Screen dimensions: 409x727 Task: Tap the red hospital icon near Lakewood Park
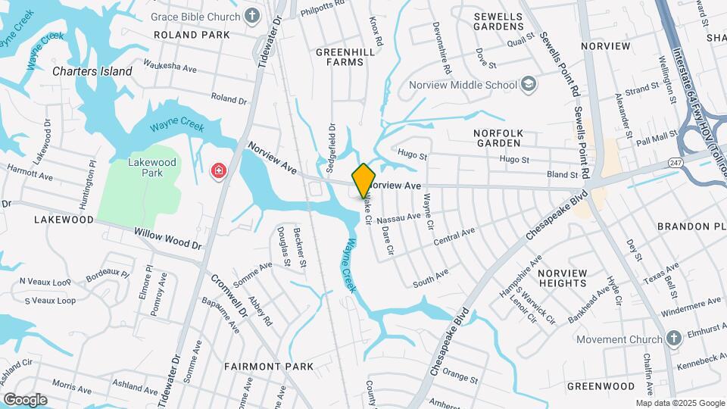click(219, 172)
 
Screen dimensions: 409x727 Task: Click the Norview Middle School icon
click(529, 85)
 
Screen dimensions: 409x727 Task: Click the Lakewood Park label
click(151, 167)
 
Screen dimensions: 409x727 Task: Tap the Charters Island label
click(92, 71)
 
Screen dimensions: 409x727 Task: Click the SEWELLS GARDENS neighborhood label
click(499, 21)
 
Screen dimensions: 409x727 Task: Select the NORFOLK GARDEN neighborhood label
click(498, 137)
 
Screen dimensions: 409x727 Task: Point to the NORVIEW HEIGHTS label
click(563, 277)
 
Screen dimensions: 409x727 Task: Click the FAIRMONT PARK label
click(269, 367)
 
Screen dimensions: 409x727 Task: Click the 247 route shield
click(676, 163)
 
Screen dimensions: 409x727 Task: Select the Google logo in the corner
click(25, 399)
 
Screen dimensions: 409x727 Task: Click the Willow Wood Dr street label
click(168, 240)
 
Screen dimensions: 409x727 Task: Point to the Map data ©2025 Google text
click(679, 403)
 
